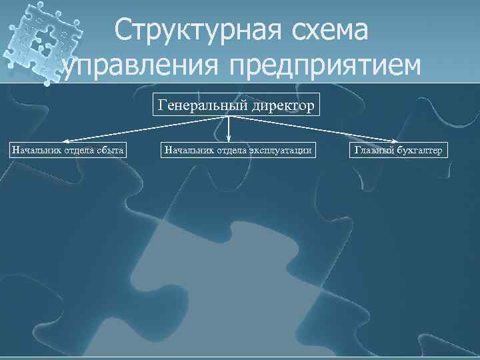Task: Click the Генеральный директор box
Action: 236,105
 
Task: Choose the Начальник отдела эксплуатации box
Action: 237,149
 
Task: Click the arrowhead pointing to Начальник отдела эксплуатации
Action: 229,138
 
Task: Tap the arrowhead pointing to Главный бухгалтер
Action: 398,141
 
